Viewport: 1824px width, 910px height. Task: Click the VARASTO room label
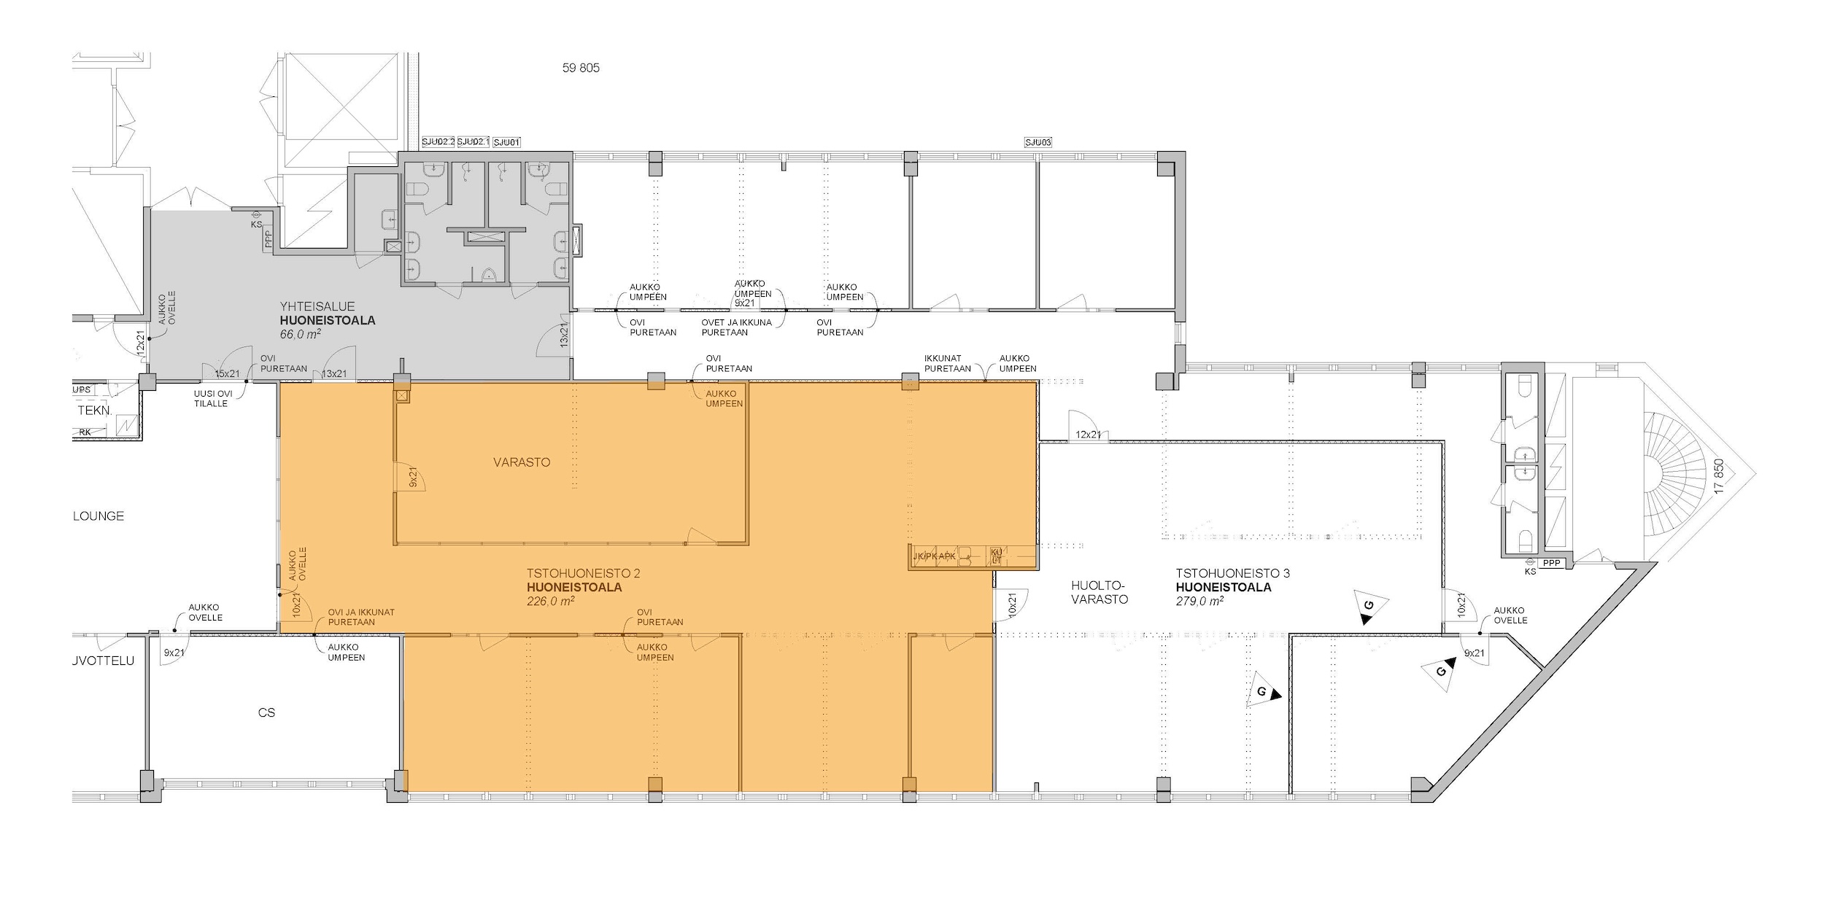point(522,462)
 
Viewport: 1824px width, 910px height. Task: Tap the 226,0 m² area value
point(551,602)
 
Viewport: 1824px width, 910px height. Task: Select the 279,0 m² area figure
point(1199,602)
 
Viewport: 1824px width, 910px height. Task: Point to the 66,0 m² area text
point(301,334)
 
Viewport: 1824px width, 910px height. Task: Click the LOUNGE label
point(98,516)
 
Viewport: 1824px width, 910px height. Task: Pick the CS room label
point(266,712)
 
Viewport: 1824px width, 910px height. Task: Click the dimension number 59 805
point(581,69)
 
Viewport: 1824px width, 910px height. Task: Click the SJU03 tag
point(1038,142)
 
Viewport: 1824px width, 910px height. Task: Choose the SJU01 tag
point(507,142)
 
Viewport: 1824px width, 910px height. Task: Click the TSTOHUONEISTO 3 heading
point(1232,574)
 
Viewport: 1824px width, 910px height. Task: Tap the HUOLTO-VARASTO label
point(1100,592)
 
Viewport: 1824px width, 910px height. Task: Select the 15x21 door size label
point(227,374)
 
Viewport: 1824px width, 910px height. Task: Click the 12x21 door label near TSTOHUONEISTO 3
point(1088,435)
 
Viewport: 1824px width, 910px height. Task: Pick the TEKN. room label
point(94,411)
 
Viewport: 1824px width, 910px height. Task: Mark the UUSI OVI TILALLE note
point(212,399)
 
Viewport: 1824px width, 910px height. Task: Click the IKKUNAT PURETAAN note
point(947,364)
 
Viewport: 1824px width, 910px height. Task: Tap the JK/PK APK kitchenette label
point(934,557)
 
